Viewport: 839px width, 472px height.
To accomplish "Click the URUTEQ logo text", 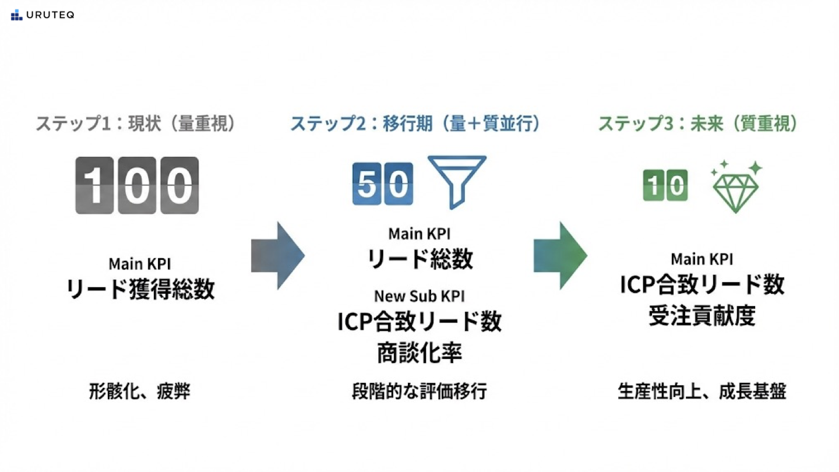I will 50,15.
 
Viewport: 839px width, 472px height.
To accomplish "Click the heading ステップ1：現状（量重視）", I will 136,124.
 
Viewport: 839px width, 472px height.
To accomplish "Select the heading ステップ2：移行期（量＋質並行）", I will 415,124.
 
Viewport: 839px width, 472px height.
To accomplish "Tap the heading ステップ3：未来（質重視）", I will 698,124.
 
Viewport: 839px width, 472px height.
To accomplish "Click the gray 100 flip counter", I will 137,185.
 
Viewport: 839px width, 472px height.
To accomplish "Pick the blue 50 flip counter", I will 383,184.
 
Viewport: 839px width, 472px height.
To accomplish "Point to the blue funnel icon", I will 456,181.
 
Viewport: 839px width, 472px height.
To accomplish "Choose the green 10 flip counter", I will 665,185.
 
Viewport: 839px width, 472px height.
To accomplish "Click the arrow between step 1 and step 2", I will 277,255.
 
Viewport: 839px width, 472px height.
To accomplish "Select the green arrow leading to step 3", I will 560,255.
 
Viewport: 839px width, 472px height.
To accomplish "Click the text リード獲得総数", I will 140,288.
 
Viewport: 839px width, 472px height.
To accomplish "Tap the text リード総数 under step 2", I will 419,259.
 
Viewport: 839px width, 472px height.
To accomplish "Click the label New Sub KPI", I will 419,296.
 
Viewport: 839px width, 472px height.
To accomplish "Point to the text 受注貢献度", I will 701,315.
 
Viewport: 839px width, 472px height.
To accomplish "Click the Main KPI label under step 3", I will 701,259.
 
